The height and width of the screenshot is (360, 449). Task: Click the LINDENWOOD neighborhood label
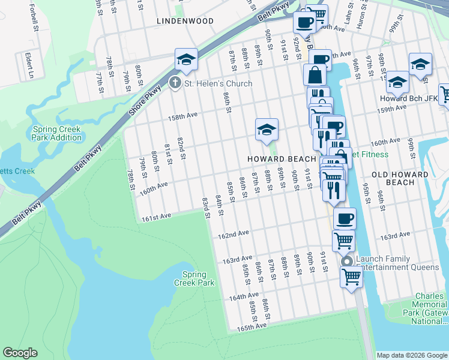pyautogui.click(x=185, y=21)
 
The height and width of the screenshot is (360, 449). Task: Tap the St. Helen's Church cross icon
pyautogui.click(x=175, y=83)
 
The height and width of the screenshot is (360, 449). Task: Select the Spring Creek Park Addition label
pyautogui.click(x=58, y=133)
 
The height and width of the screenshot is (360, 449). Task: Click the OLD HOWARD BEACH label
pyautogui.click(x=400, y=178)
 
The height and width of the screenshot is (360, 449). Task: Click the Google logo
pyautogui.click(x=20, y=353)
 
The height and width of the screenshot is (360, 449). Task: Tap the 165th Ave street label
pyautogui.click(x=251, y=327)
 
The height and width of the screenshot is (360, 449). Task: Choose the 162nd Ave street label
pyautogui.click(x=234, y=233)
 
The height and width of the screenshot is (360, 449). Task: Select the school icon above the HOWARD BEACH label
pyautogui.click(x=267, y=129)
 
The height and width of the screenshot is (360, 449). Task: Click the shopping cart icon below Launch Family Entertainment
pyautogui.click(x=351, y=277)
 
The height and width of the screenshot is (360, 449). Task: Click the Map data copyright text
pyautogui.click(x=412, y=355)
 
